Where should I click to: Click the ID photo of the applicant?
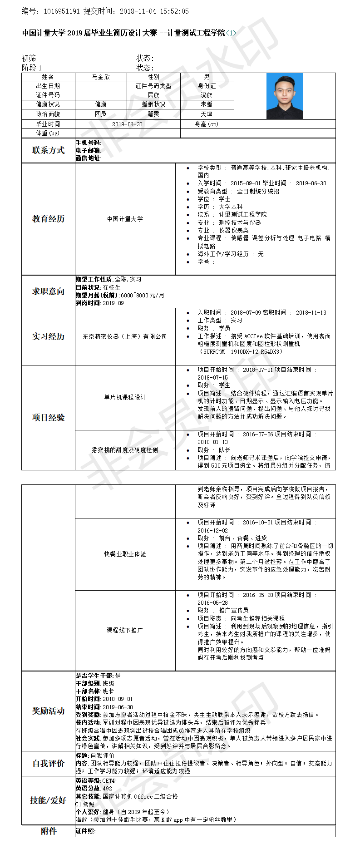(284, 96)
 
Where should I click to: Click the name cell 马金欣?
(101, 77)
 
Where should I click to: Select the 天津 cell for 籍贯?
(207, 114)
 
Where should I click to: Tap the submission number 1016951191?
(62, 11)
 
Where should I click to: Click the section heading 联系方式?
(48, 150)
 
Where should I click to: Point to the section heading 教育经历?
(48, 219)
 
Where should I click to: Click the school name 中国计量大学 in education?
(125, 219)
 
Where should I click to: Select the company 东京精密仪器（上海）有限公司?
(125, 336)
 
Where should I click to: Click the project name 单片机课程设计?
(125, 397)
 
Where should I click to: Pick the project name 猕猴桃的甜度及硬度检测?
(125, 450)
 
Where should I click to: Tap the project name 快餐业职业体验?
(125, 554)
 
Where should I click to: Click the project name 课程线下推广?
(125, 630)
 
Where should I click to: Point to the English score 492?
(107, 789)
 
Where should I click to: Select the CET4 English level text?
(108, 781)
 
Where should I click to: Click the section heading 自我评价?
(48, 764)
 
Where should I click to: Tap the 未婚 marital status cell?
(207, 104)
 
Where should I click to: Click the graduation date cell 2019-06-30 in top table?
(127, 124)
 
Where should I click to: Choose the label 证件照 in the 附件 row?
(85, 831)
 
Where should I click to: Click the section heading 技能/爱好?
(48, 800)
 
